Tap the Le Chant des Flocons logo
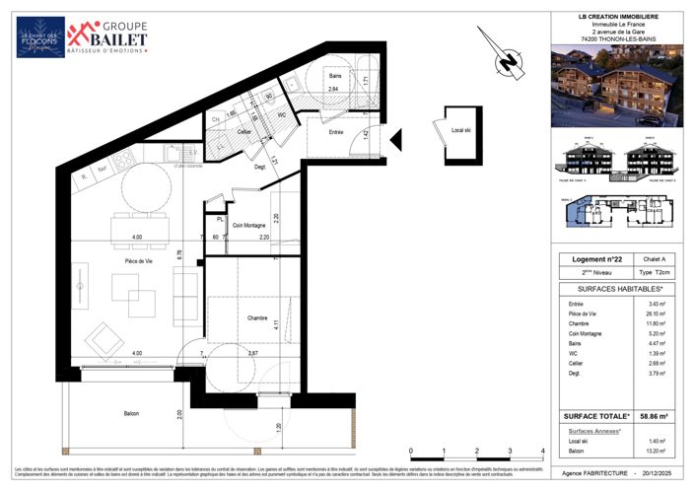click(40, 37)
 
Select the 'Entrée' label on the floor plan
click(337, 131)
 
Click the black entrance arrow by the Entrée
click(395, 141)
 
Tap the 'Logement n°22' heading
click(588, 258)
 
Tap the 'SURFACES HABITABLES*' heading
click(617, 289)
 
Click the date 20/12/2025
click(663, 473)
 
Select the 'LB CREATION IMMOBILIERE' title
click(618, 17)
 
